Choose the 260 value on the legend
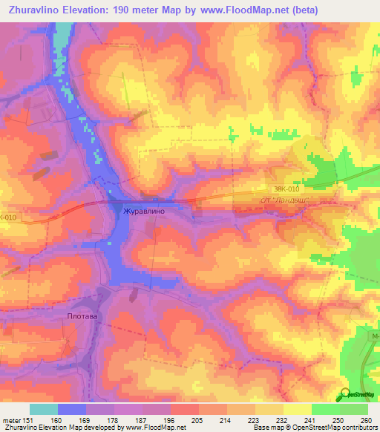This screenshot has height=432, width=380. pyautogui.click(x=364, y=421)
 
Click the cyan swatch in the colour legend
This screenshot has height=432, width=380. pyautogui.click(x=44, y=409)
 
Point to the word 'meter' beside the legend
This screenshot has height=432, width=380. pyautogui.click(x=11, y=421)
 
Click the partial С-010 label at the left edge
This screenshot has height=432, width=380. pyautogui.click(x=7, y=217)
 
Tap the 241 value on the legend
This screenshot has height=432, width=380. pyautogui.click(x=309, y=421)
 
